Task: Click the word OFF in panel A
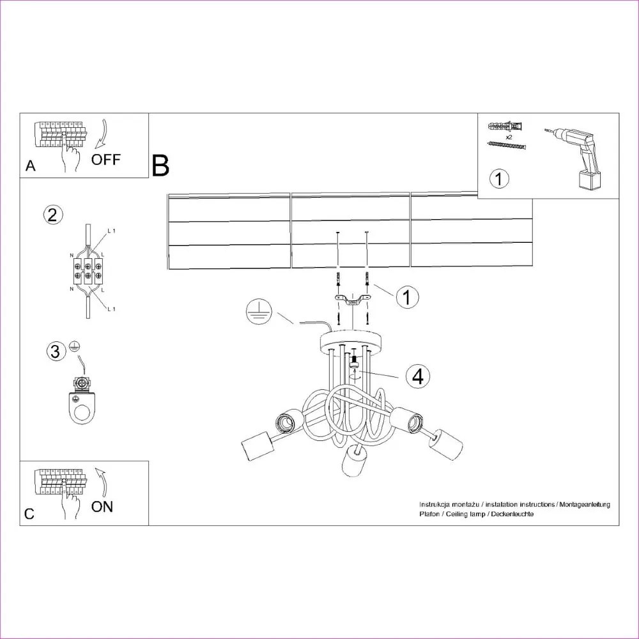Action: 105,159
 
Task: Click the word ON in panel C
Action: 102,507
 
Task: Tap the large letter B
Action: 161,166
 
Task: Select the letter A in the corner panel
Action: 30,167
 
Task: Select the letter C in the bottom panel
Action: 29,514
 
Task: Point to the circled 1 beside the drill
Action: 500,178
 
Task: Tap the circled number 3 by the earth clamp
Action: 56,351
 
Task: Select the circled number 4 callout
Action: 417,376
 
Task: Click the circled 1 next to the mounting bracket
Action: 407,297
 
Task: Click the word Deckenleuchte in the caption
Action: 509,514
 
